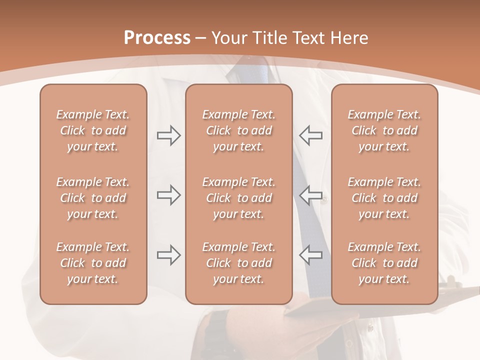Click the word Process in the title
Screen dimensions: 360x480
157,38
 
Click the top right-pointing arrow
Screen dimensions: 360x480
168,135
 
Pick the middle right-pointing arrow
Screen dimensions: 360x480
168,195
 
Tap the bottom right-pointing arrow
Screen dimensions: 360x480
168,254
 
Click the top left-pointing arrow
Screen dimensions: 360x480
311,135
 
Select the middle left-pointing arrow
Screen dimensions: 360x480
311,195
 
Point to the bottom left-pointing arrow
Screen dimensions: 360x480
311,254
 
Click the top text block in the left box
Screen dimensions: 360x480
93,130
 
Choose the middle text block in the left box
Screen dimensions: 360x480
93,198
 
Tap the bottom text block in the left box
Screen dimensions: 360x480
93,263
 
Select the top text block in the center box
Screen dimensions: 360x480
239,130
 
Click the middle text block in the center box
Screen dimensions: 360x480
239,198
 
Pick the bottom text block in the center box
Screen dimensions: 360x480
239,263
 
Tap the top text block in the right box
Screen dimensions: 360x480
384,130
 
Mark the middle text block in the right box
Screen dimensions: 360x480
384,198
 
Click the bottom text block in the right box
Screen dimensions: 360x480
384,263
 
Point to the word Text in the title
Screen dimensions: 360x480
308,38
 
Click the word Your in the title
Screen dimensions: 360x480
229,38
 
